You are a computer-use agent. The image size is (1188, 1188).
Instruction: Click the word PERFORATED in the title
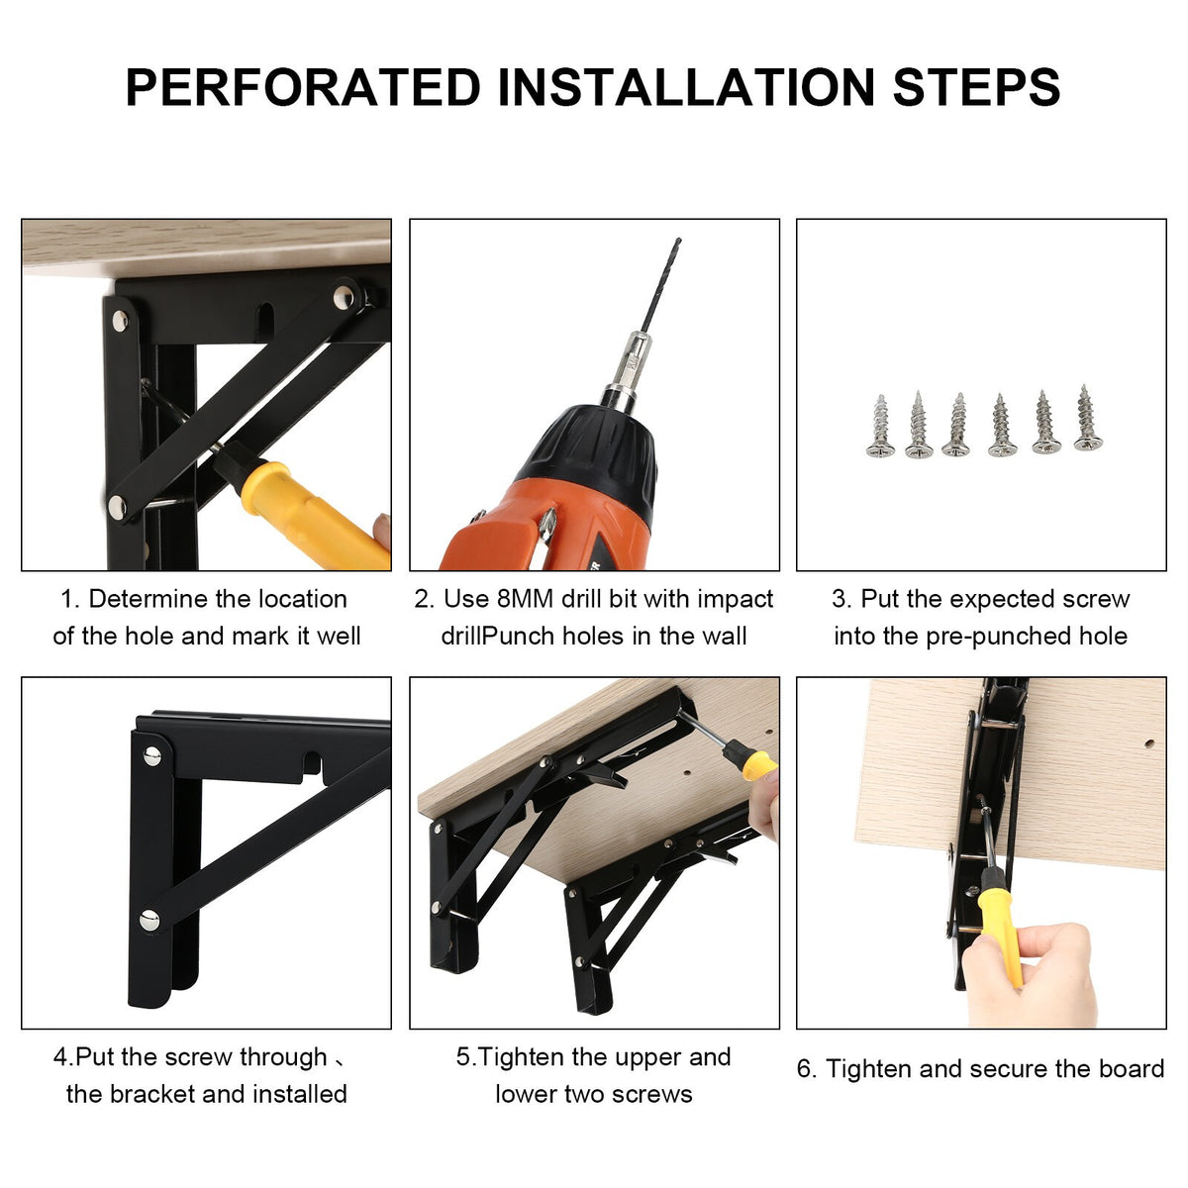tap(303, 87)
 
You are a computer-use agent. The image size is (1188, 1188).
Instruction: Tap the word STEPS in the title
tap(976, 87)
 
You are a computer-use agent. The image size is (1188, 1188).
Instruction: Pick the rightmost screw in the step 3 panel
tap(1088, 418)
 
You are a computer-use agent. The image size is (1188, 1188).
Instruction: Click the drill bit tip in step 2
tap(678, 240)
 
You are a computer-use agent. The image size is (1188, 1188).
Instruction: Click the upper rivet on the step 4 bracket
tap(152, 755)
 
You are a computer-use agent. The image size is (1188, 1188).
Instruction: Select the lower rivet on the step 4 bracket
tap(148, 921)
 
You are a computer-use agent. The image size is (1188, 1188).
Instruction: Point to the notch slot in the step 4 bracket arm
tap(313, 764)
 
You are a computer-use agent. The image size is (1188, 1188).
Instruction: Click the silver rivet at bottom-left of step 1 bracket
tap(117, 507)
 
